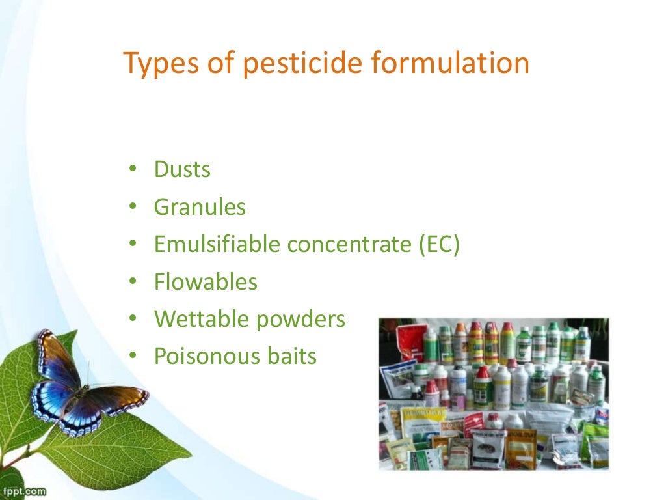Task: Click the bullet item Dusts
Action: (182, 170)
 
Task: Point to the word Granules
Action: (200, 207)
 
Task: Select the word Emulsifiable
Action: (217, 245)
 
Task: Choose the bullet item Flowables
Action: (206, 282)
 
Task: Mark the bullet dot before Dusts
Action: (133, 170)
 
